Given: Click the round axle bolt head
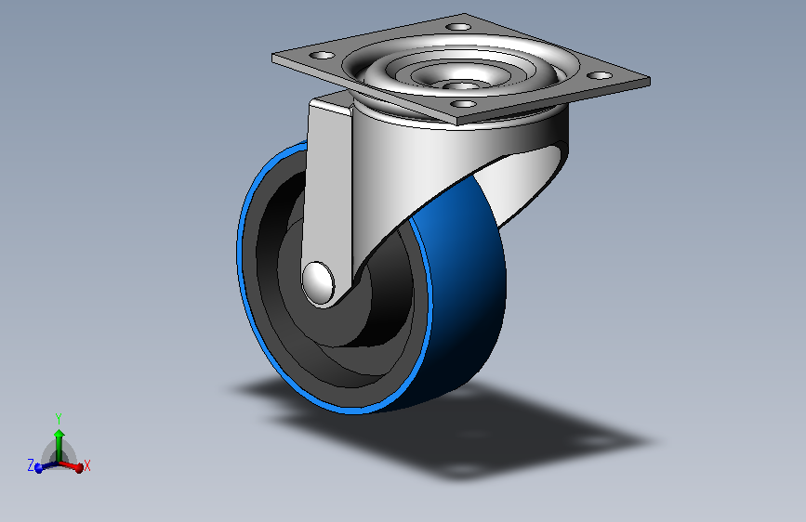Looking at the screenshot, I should [319, 282].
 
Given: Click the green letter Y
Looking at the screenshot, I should [59, 418].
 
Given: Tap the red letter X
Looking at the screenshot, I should [87, 465].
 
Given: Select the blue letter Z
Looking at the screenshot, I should [30, 464].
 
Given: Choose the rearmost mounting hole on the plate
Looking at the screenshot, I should [457, 26].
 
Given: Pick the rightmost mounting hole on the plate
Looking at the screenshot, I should [601, 75].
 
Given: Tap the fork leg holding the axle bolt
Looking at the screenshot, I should [330, 186].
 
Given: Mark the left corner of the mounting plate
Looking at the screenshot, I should [274, 57].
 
